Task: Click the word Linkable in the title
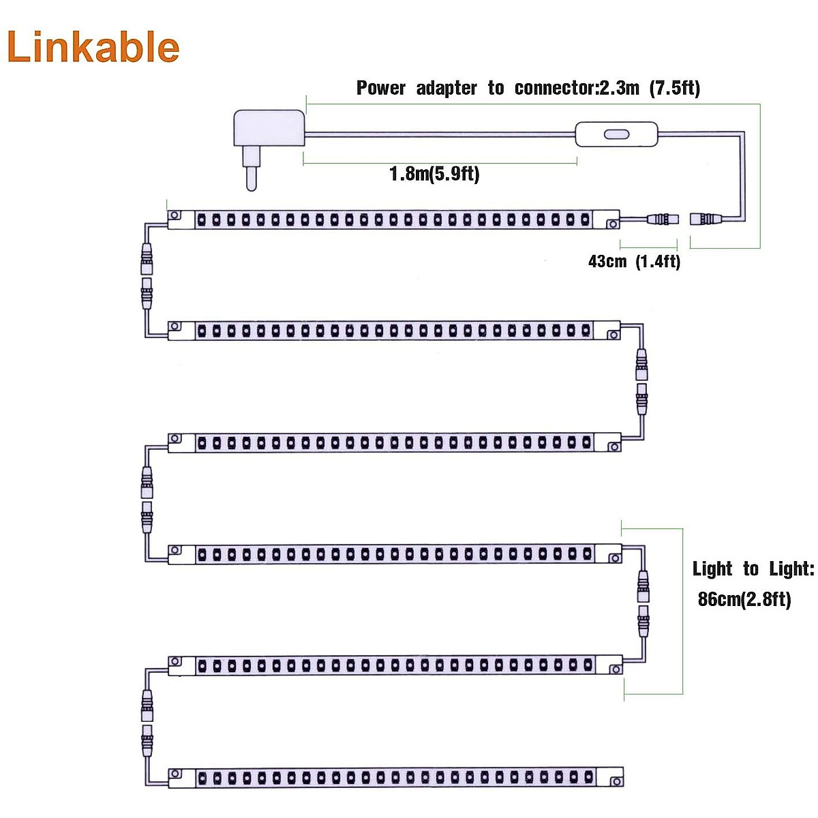pyautogui.click(x=93, y=47)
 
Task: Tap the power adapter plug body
pyautogui.click(x=268, y=128)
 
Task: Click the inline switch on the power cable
pyautogui.click(x=617, y=134)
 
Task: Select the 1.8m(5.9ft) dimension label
pyautogui.click(x=434, y=174)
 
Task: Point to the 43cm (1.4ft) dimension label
pyautogui.click(x=634, y=261)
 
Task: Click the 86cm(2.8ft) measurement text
pyautogui.click(x=744, y=599)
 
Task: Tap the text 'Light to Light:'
pyautogui.click(x=753, y=569)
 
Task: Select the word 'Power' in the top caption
pyautogui.click(x=381, y=88)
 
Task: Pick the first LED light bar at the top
pyautogui.click(x=393, y=219)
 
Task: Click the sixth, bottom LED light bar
pyautogui.click(x=395, y=778)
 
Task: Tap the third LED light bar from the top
pyautogui.click(x=394, y=443)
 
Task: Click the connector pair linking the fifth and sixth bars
pyautogui.click(x=146, y=721)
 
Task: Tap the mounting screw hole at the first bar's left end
pyautogui.click(x=175, y=215)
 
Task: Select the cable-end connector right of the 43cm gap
pyautogui.click(x=707, y=219)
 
